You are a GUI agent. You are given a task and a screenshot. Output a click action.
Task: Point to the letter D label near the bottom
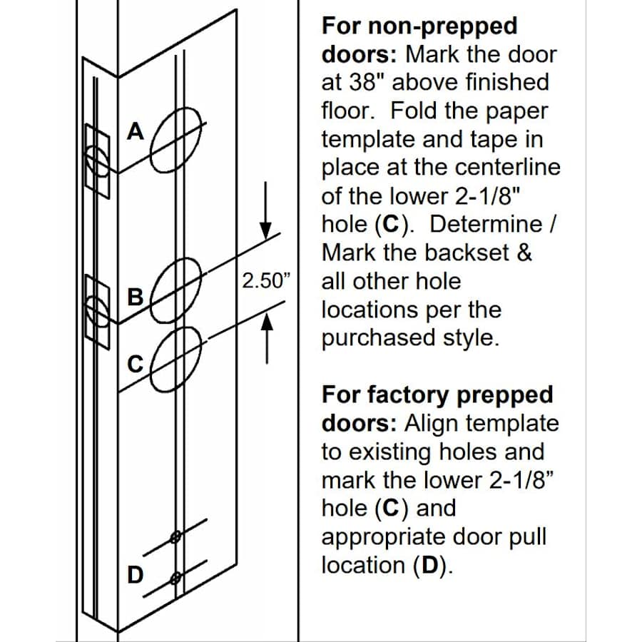pos(134,574)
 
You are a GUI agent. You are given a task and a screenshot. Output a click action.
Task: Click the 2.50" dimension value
pos(267,280)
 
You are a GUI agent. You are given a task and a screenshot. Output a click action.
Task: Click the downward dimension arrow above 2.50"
pos(267,214)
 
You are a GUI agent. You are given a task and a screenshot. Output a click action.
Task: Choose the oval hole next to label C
pos(176,359)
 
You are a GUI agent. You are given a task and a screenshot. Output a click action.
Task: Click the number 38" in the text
pos(366,83)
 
